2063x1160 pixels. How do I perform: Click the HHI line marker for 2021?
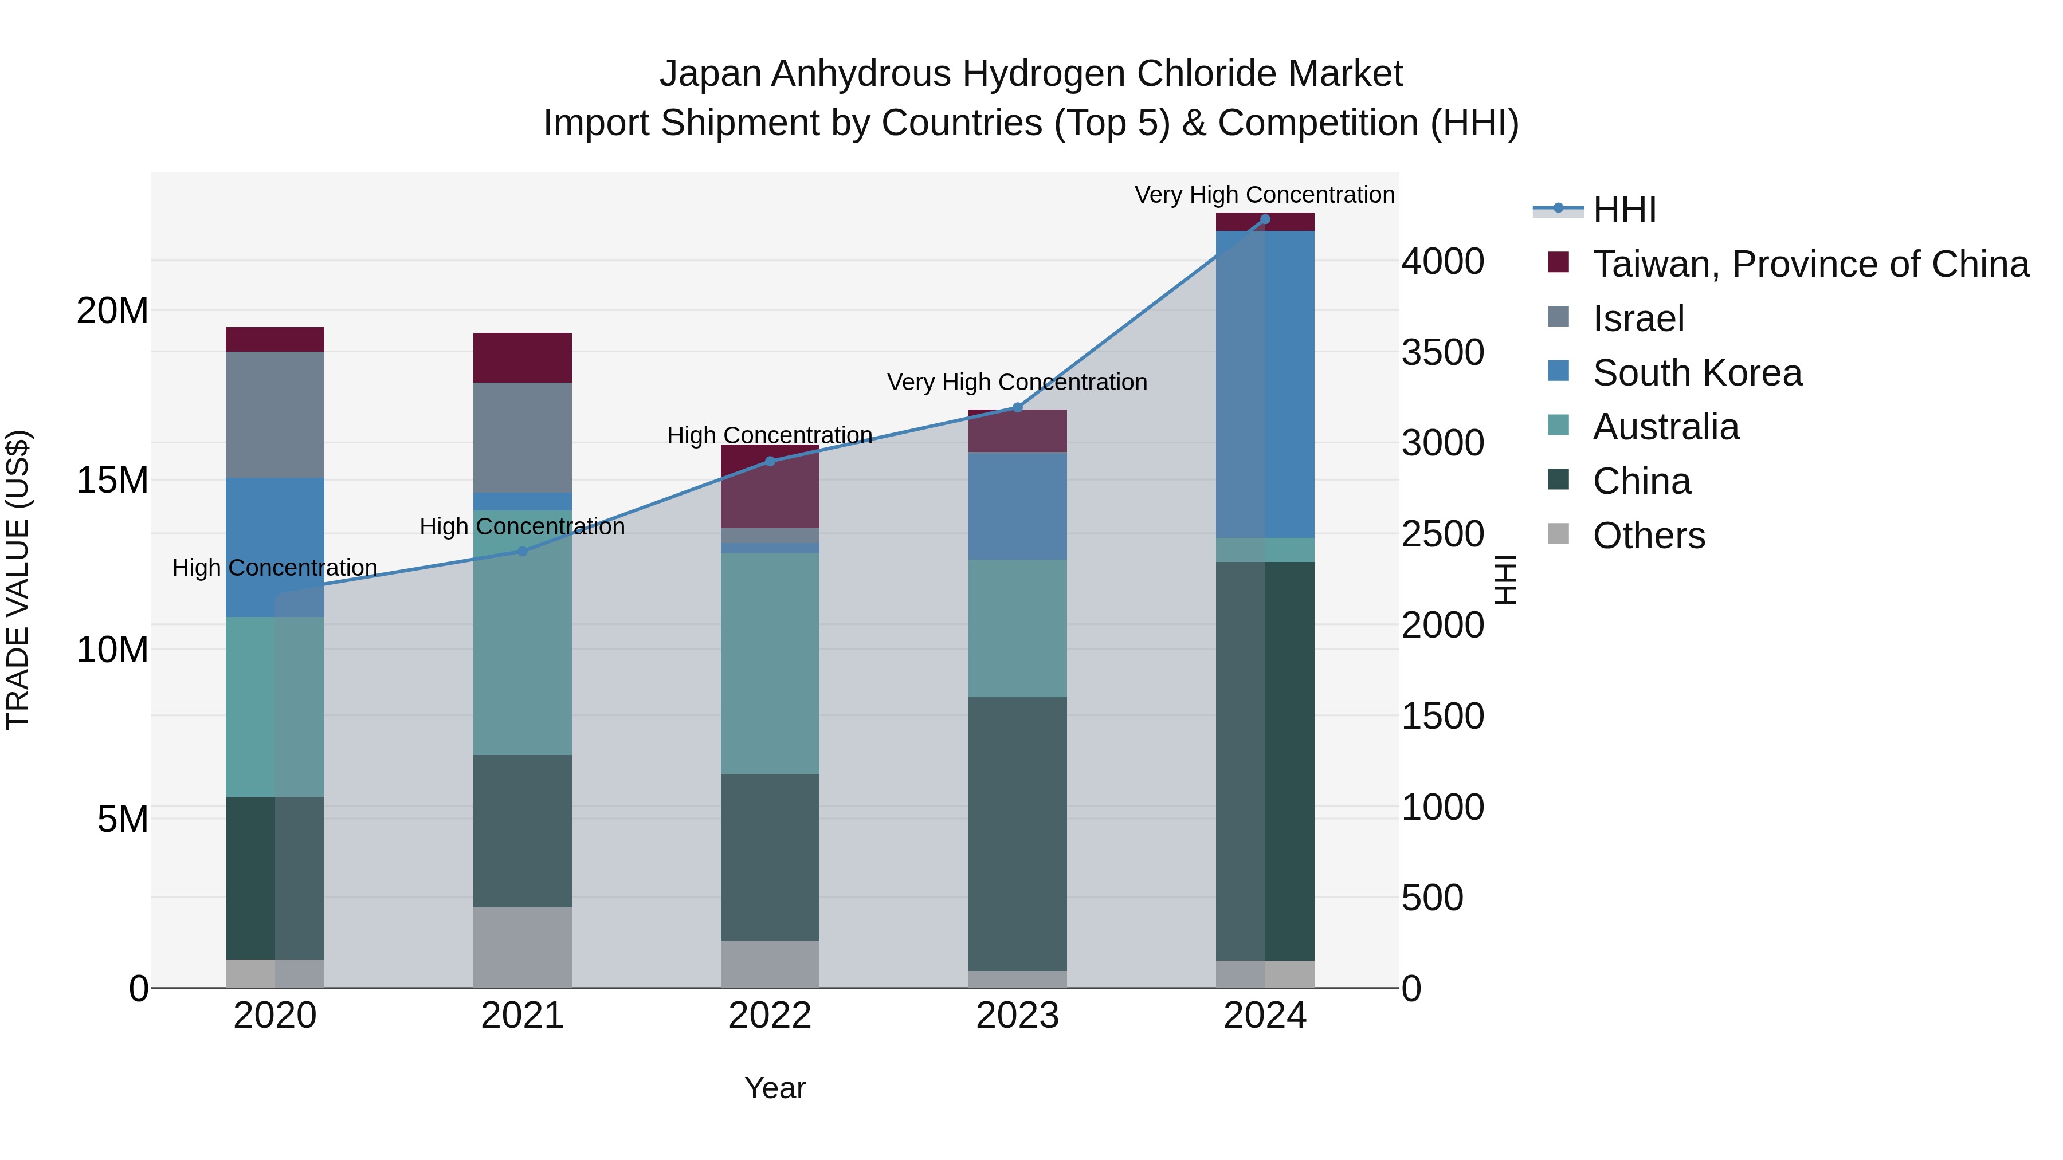click(522, 550)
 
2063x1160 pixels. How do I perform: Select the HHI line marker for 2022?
click(770, 461)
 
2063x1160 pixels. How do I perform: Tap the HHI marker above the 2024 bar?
click(1265, 219)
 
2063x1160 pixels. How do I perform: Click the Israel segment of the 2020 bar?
click(274, 415)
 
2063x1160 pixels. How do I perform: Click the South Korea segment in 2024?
click(1265, 384)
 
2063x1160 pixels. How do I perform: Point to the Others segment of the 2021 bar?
click(522, 947)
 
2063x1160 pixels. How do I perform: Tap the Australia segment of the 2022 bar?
click(770, 663)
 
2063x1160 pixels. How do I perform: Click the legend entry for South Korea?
click(1696, 373)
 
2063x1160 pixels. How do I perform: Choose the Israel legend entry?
click(1638, 318)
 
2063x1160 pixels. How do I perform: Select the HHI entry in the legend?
click(1623, 210)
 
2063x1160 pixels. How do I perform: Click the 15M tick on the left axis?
click(112, 481)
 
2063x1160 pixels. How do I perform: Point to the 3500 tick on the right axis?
click(1442, 352)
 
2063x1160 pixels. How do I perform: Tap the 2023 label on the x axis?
click(1017, 1016)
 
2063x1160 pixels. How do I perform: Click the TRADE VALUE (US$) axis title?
click(18, 580)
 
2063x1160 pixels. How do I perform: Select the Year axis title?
click(774, 1088)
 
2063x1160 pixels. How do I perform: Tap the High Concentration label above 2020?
click(274, 568)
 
